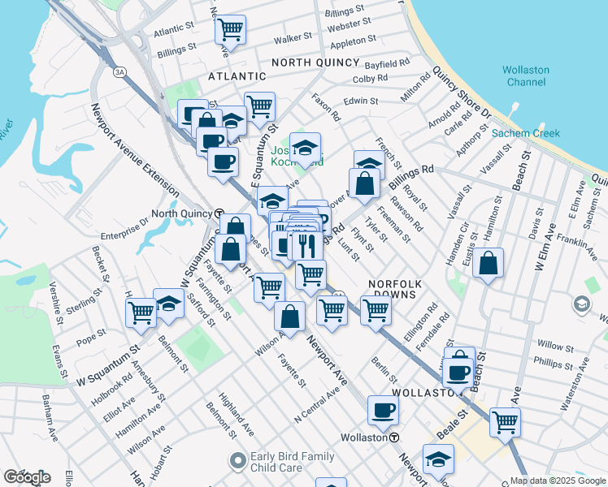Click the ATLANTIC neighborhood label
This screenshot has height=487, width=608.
pos(238,75)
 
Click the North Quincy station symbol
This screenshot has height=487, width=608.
pos(220,213)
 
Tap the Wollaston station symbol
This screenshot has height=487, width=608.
pos(394,437)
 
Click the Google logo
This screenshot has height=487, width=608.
pos(27,477)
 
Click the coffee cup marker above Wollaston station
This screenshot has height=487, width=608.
pos(382,410)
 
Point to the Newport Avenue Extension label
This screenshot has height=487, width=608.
pos(135,149)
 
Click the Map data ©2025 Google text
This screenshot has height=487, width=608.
pos(557,480)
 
